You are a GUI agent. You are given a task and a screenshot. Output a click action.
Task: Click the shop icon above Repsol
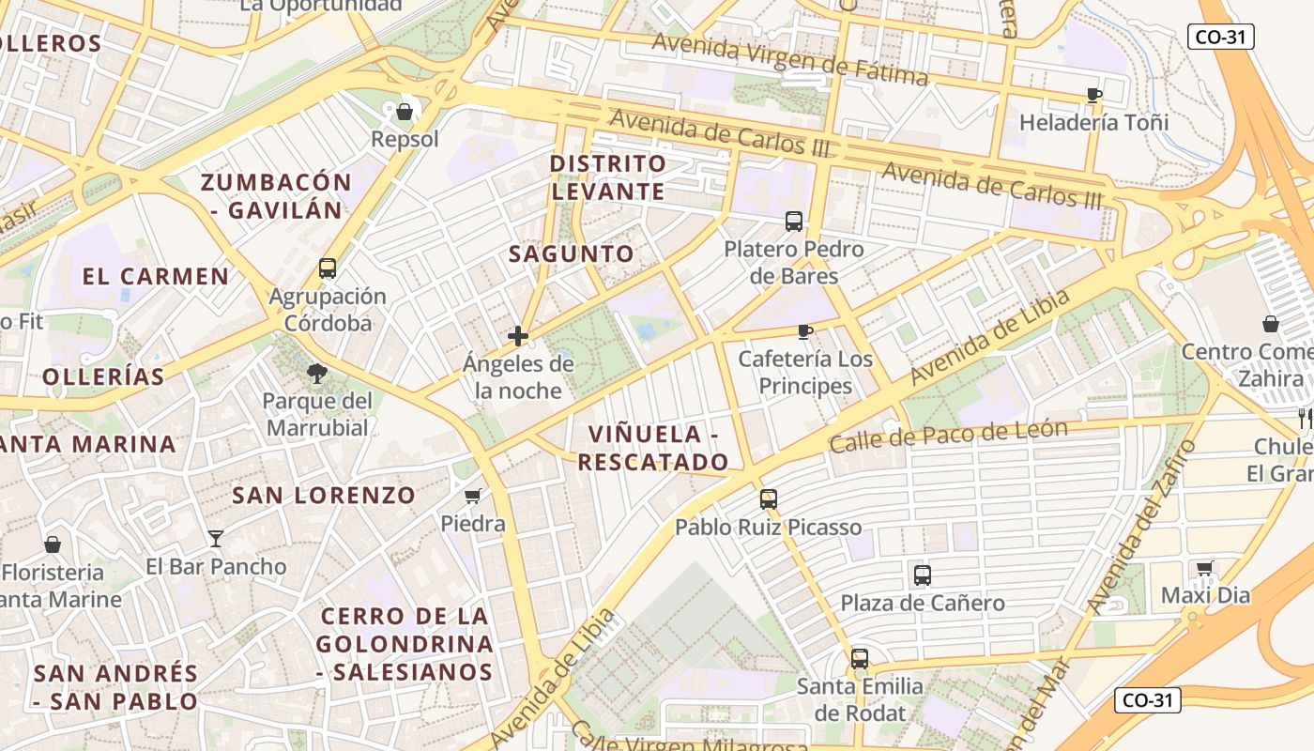point(405,113)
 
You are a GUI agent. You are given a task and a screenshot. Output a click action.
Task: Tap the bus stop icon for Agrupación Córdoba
point(328,268)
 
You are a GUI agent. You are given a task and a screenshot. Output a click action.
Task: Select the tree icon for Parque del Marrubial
point(317,374)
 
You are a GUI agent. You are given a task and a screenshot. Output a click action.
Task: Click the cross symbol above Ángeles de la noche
point(518,336)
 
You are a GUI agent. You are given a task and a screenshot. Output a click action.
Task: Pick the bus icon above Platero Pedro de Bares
point(794,222)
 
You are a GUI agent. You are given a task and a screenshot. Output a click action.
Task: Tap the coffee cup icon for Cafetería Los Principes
point(804,331)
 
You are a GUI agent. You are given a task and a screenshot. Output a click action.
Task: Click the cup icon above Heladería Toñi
point(1093,95)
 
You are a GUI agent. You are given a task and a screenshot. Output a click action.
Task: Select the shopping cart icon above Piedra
point(473,496)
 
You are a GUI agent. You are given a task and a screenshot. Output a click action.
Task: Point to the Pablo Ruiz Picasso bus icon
point(769,499)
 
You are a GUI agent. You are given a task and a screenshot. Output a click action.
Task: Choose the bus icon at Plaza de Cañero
point(923,575)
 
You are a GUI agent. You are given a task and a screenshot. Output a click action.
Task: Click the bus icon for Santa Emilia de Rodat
point(860,659)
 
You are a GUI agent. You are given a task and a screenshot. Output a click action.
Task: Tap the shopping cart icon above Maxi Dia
point(1205,568)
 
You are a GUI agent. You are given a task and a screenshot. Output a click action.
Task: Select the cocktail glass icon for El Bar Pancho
point(216,539)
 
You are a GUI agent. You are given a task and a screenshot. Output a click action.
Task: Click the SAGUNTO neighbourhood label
point(572,253)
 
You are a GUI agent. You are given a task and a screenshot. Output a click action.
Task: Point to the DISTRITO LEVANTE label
point(608,177)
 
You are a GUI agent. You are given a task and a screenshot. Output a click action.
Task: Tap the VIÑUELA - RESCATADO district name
point(653,448)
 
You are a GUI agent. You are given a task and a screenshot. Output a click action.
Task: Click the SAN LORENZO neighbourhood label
point(324,496)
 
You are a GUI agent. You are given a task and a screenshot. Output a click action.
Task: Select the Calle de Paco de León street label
point(948,436)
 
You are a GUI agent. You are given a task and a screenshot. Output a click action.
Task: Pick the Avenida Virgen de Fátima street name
point(789,58)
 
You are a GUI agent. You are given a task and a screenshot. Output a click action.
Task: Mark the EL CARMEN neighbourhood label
point(156,276)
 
